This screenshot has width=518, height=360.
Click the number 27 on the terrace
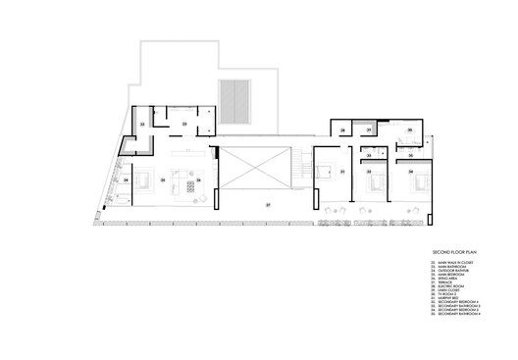[266, 204]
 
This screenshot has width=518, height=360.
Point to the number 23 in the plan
[184, 125]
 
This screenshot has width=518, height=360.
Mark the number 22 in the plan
[143, 126]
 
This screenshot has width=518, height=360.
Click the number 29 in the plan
[342, 129]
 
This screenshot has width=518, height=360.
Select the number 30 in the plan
[409, 129]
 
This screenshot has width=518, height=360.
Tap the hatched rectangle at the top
[235, 100]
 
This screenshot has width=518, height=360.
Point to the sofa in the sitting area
[182, 183]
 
